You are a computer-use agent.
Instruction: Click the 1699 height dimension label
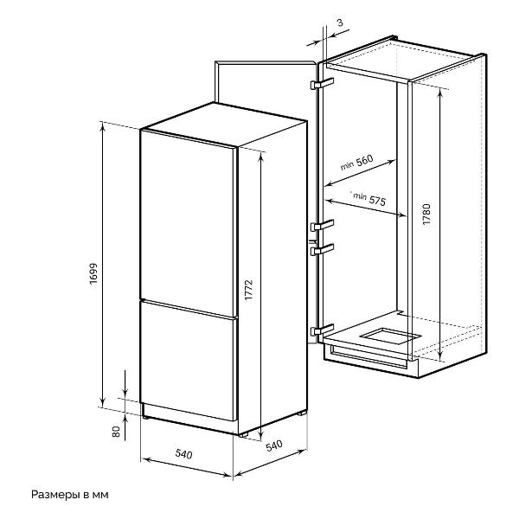coord(93,273)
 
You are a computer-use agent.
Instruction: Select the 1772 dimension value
coord(248,290)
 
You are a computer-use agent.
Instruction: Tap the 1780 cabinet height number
coord(426,215)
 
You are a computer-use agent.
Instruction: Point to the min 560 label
coord(356,163)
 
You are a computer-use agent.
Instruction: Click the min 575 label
coord(369,199)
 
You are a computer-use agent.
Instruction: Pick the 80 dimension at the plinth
coord(116,432)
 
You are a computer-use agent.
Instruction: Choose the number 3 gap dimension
coord(340,22)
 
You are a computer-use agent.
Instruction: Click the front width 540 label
coord(183,453)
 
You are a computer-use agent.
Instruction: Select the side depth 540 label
coord(274,445)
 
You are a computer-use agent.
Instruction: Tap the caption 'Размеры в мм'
coord(70,495)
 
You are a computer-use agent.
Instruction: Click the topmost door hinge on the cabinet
coord(322,83)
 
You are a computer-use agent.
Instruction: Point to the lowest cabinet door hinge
coord(322,330)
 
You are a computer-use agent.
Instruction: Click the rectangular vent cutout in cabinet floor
coord(391,336)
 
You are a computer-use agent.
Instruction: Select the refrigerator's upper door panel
coord(188,222)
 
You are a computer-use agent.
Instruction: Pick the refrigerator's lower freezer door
coord(188,360)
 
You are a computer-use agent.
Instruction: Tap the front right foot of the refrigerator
coord(243,434)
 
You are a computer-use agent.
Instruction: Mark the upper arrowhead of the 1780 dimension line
coord(440,93)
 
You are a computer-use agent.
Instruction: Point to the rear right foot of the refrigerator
coord(302,413)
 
